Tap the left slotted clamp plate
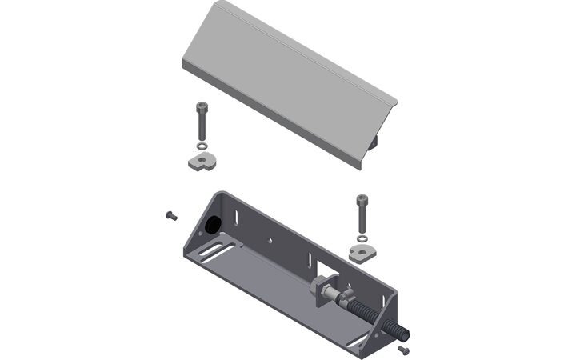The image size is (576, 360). tap(198, 162)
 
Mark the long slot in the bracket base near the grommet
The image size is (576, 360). tap(210, 254)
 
